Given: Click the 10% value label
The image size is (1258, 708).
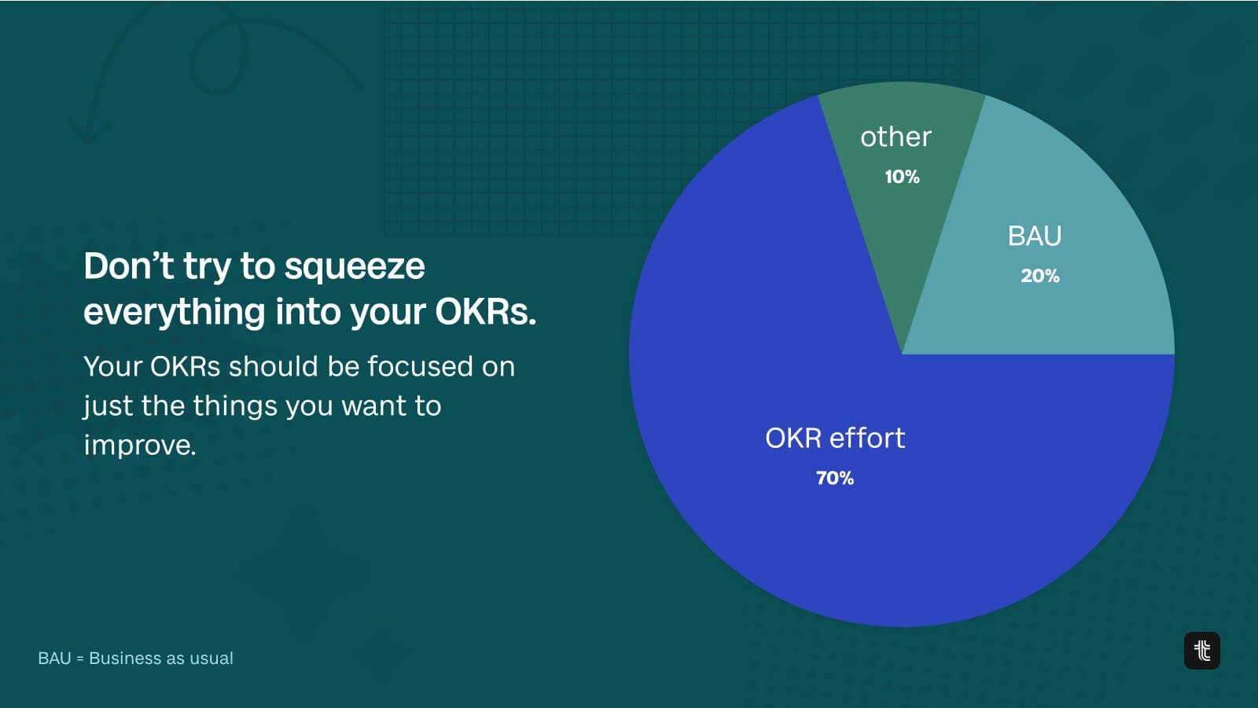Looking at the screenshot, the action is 902,178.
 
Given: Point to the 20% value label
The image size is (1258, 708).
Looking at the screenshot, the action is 1040,276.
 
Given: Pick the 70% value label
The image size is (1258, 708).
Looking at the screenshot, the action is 835,479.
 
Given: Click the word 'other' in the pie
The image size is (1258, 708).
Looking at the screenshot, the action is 896,137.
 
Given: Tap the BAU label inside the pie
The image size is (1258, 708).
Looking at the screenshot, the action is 1035,236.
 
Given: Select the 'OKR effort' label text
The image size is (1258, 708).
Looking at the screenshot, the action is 835,438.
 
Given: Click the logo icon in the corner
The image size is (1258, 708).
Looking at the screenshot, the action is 1202,651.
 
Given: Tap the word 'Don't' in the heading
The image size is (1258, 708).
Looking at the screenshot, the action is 129,266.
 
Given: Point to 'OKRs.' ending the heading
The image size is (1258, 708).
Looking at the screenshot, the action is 486,312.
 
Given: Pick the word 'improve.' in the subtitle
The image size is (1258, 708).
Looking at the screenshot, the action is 140,446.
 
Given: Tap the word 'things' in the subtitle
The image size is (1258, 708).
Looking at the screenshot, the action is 235,406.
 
